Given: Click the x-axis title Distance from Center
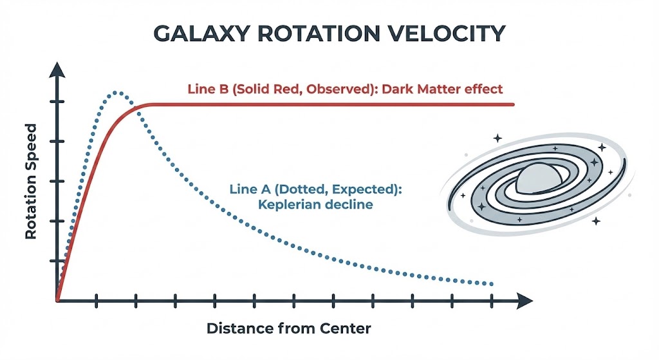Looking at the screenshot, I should [x=289, y=328].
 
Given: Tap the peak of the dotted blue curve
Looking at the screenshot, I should [x=116, y=93].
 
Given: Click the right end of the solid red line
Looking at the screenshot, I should [x=513, y=104].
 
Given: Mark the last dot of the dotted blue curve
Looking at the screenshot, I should [x=492, y=284].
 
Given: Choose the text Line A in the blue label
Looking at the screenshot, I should [x=247, y=190].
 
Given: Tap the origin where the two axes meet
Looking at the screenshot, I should [x=58, y=300].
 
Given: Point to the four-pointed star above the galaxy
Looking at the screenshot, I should [x=497, y=137].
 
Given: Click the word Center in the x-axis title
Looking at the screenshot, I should [x=348, y=328].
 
